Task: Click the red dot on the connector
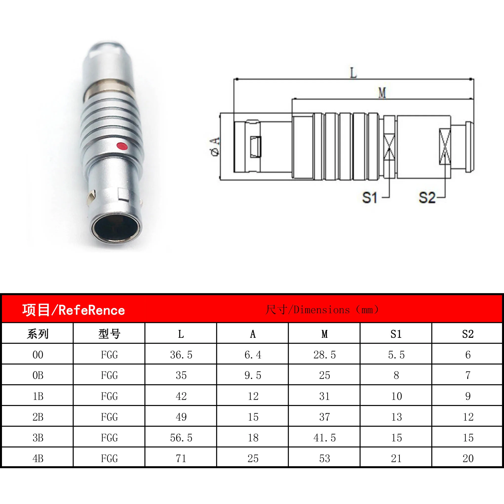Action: [122, 146]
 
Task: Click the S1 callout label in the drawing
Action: [370, 198]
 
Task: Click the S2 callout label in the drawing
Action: [427, 198]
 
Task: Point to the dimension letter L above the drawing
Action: [353, 73]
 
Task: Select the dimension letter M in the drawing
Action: [382, 93]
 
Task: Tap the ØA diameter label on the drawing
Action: [215, 147]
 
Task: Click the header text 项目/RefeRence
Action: [74, 310]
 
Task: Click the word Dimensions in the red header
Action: [322, 310]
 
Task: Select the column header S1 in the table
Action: [396, 334]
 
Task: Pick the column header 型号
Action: [109, 334]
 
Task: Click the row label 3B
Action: [38, 438]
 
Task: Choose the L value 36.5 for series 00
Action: [181, 355]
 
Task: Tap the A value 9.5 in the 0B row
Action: [253, 375]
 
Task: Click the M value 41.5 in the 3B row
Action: [324, 438]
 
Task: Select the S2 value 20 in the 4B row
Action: [468, 458]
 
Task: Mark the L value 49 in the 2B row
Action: [181, 417]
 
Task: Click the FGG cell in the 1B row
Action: [109, 396]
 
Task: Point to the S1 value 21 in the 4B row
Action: [396, 458]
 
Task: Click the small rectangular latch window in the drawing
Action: [256, 147]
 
